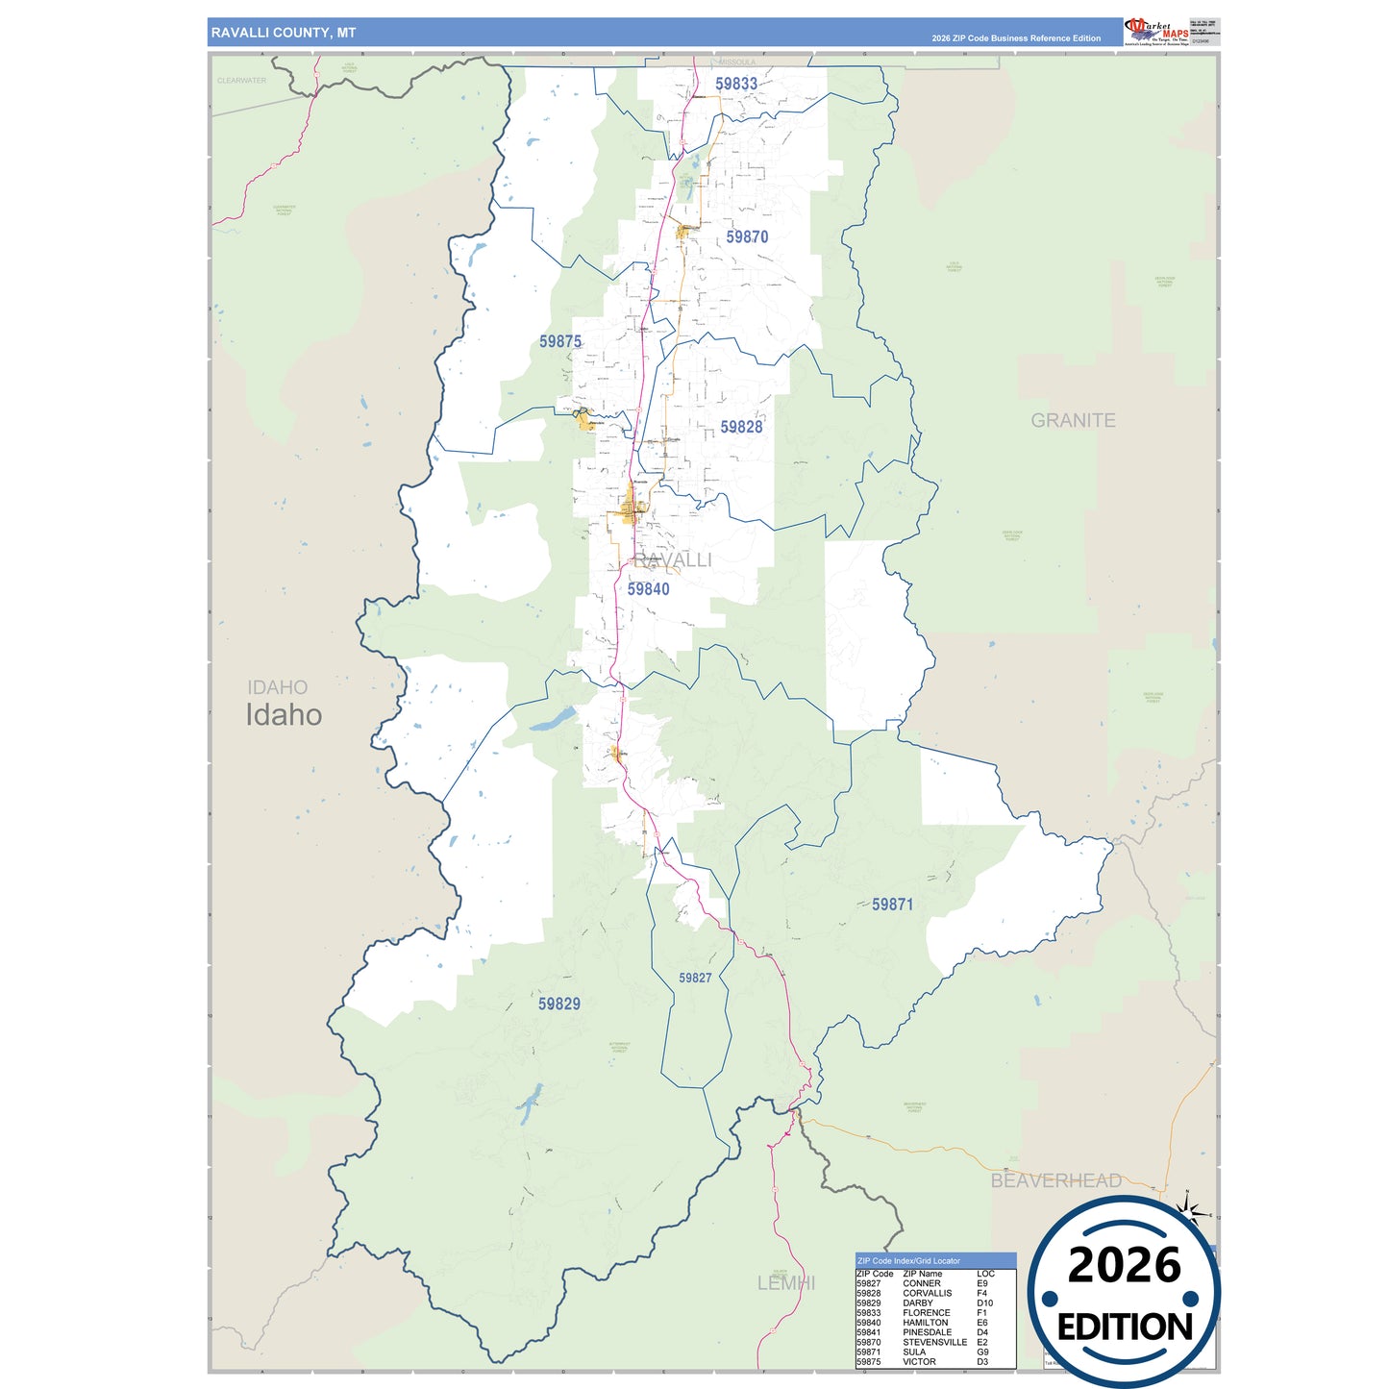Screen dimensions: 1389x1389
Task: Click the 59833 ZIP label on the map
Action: [735, 85]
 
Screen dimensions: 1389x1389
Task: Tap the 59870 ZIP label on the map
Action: [747, 237]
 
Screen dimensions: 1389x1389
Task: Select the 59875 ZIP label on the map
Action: [559, 342]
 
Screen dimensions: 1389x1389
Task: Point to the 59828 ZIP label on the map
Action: [741, 428]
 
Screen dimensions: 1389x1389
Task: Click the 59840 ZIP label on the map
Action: [648, 589]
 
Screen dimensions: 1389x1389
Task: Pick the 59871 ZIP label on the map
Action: [892, 905]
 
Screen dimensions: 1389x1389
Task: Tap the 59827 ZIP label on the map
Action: [695, 979]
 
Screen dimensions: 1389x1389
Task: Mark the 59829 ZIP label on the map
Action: [558, 1005]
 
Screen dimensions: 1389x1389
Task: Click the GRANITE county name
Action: [1073, 421]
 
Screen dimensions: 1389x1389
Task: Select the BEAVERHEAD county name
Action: [1055, 1181]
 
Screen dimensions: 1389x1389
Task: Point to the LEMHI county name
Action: [785, 1283]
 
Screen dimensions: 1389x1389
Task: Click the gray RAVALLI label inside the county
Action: [673, 560]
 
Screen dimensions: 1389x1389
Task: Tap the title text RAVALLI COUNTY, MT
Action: [284, 33]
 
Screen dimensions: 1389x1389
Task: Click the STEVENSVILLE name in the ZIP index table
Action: [934, 1342]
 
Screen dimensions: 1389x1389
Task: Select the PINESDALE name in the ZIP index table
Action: [927, 1332]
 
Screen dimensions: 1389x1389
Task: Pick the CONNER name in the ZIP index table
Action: [921, 1283]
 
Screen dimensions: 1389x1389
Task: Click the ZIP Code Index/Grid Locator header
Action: [908, 1261]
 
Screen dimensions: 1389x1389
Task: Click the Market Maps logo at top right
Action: [1156, 32]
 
